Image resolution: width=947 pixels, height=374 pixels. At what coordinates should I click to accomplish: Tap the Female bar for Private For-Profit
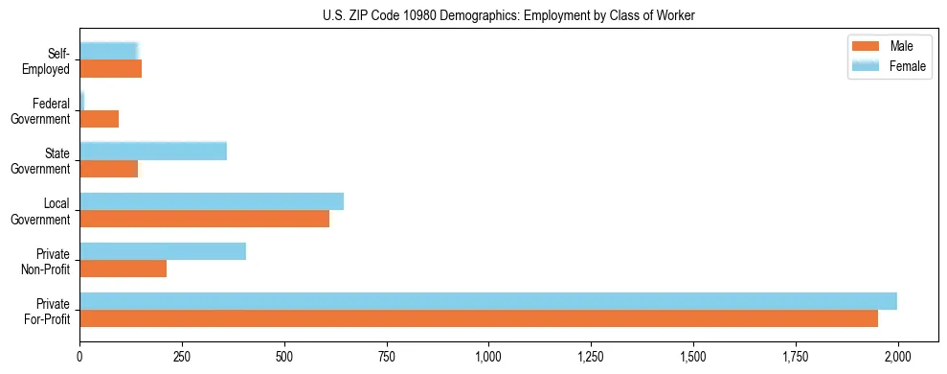point(488,301)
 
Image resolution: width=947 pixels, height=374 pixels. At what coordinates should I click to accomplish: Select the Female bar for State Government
point(153,152)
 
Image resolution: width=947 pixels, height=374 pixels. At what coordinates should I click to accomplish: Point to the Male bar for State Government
point(108,169)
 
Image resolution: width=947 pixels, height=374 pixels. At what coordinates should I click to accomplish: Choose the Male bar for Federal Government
point(99,119)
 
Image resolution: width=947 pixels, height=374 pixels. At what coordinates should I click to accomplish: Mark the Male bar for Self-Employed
point(110,69)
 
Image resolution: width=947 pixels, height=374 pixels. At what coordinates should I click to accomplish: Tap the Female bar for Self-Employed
point(108,52)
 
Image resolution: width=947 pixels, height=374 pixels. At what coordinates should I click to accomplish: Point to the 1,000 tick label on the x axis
point(488,357)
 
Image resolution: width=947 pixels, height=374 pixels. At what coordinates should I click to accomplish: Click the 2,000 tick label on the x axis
point(897,357)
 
